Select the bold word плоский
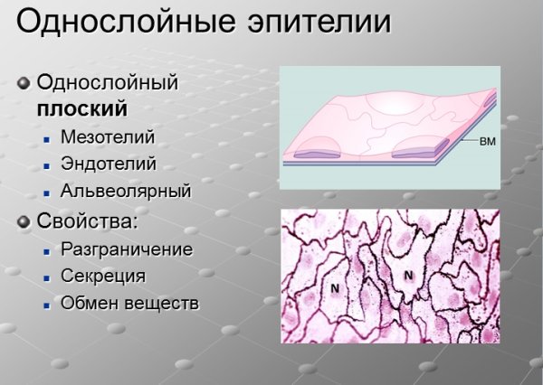click(81, 109)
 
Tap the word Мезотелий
click(108, 137)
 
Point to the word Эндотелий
click(109, 164)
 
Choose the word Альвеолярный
click(126, 192)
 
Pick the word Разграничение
click(127, 249)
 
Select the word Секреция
click(103, 277)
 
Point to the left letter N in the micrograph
click(334, 288)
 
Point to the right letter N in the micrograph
click(408, 276)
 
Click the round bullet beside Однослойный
click(24, 83)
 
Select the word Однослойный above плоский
click(107, 82)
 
